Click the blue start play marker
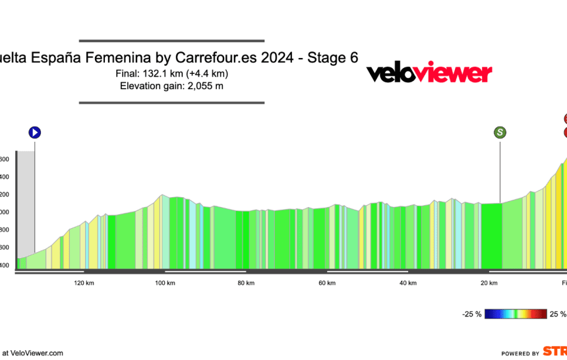point(35,133)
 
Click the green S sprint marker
point(500,133)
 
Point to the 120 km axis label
point(84,283)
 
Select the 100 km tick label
point(165,283)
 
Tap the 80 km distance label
point(246,283)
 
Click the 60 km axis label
point(327,283)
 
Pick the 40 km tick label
point(407,283)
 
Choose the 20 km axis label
point(489,283)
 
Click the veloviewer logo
point(429,72)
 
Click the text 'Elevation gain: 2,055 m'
point(171,86)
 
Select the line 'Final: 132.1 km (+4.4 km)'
point(171,73)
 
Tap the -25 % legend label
point(471,315)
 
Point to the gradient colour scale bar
point(516,315)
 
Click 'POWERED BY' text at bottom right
point(520,353)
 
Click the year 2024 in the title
point(278,58)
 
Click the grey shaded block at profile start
point(26,204)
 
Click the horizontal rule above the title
point(171,41)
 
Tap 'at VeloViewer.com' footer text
point(33,353)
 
